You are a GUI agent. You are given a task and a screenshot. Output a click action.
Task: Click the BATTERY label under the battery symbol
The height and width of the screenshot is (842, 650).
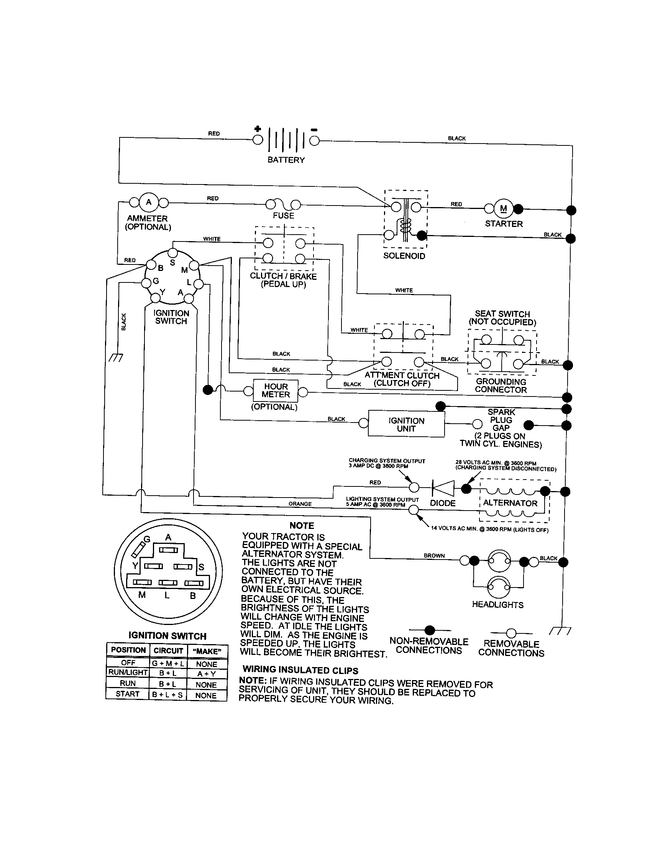coord(286,160)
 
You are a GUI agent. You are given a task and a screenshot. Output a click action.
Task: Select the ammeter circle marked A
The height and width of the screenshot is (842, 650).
coord(149,202)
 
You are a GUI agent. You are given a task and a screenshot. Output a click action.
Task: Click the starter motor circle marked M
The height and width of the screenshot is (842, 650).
coord(503,209)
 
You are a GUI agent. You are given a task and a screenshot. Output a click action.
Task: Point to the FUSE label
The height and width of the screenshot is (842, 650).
coord(283,215)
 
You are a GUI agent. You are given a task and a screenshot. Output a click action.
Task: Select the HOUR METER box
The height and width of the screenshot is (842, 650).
coord(276,390)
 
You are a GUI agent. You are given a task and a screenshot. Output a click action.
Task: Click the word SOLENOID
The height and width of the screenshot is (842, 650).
coord(404,256)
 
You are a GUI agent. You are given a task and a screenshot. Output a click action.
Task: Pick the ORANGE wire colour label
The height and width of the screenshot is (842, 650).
coord(300,504)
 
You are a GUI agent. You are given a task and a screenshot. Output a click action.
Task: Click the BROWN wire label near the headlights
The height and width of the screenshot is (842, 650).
coord(434,556)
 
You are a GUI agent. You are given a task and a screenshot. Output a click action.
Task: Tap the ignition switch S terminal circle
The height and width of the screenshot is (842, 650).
coord(173,253)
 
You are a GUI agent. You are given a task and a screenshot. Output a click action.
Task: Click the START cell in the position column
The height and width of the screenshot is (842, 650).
coord(127,694)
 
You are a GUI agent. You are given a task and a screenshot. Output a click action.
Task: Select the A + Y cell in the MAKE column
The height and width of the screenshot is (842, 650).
coord(207,674)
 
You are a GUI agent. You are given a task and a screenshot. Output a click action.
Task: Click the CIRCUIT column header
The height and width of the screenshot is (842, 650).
coord(168,651)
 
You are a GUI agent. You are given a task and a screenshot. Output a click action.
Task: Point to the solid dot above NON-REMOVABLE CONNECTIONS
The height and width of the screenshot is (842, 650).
coord(430,630)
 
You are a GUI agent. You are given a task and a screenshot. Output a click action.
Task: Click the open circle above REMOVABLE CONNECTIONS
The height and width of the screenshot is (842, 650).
coord(511,633)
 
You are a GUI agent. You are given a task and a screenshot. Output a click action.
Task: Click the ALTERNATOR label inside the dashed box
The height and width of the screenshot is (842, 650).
coord(510,503)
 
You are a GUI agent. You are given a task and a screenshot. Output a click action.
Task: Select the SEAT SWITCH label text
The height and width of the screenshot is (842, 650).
coord(502,314)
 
